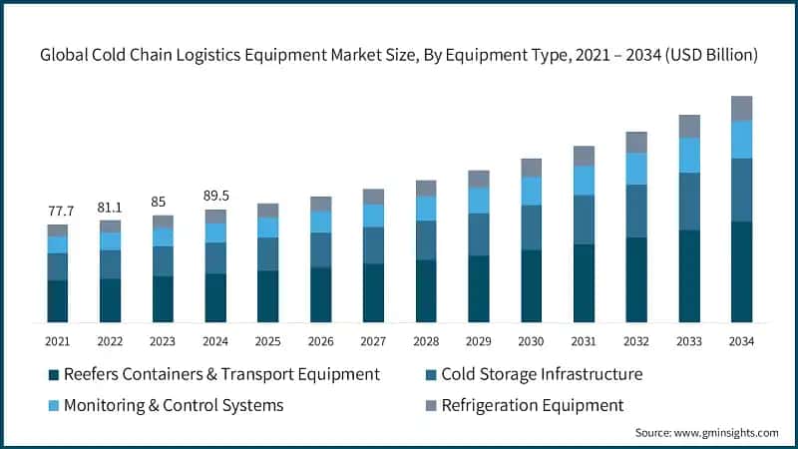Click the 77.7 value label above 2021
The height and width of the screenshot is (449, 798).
pos(57,212)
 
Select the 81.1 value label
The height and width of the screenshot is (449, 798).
pos(110,208)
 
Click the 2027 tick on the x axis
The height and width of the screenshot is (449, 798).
pos(373,341)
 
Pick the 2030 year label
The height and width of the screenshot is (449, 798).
pos(531,341)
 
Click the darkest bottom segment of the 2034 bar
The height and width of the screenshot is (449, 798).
pos(741,271)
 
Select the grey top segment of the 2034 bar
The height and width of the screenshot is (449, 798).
pos(741,108)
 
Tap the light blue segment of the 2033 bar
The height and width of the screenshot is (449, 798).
pos(688,155)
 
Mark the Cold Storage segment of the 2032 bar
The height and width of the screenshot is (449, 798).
pos(635,211)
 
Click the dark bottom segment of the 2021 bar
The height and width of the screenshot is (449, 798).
pos(57,301)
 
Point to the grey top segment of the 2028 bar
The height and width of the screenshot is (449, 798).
pos(426,188)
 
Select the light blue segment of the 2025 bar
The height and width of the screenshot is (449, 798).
pos(267,227)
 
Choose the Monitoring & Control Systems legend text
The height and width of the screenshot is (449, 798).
pos(174,405)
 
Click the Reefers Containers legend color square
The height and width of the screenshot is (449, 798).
pos(53,375)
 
